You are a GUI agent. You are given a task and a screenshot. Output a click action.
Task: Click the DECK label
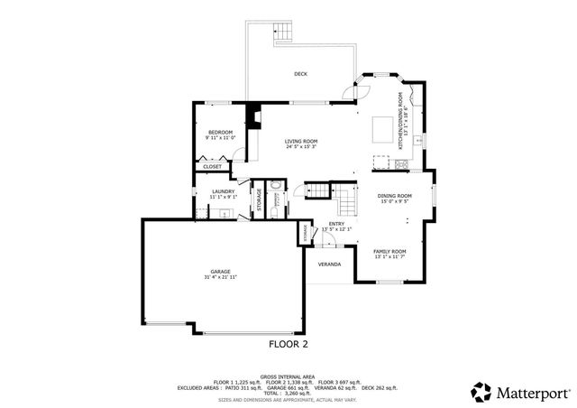300,74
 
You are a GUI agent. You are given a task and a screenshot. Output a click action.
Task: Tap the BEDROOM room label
219,133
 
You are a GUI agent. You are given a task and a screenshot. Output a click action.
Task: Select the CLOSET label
213,167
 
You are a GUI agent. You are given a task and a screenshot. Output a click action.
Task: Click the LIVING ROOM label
301,141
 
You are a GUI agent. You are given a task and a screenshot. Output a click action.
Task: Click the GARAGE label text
220,271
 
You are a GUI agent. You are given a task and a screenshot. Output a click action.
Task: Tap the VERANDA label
328,264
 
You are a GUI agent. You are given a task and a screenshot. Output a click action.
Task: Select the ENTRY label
336,224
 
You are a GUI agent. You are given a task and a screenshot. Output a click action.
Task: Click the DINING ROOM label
394,196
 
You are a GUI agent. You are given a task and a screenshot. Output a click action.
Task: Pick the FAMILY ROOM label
390,251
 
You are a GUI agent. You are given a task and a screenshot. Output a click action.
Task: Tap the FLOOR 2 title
288,344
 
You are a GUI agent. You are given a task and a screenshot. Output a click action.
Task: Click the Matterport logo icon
481,392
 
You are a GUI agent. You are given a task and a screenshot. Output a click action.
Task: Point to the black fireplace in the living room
254,116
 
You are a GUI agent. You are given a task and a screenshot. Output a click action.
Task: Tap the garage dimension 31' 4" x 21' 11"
220,277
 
